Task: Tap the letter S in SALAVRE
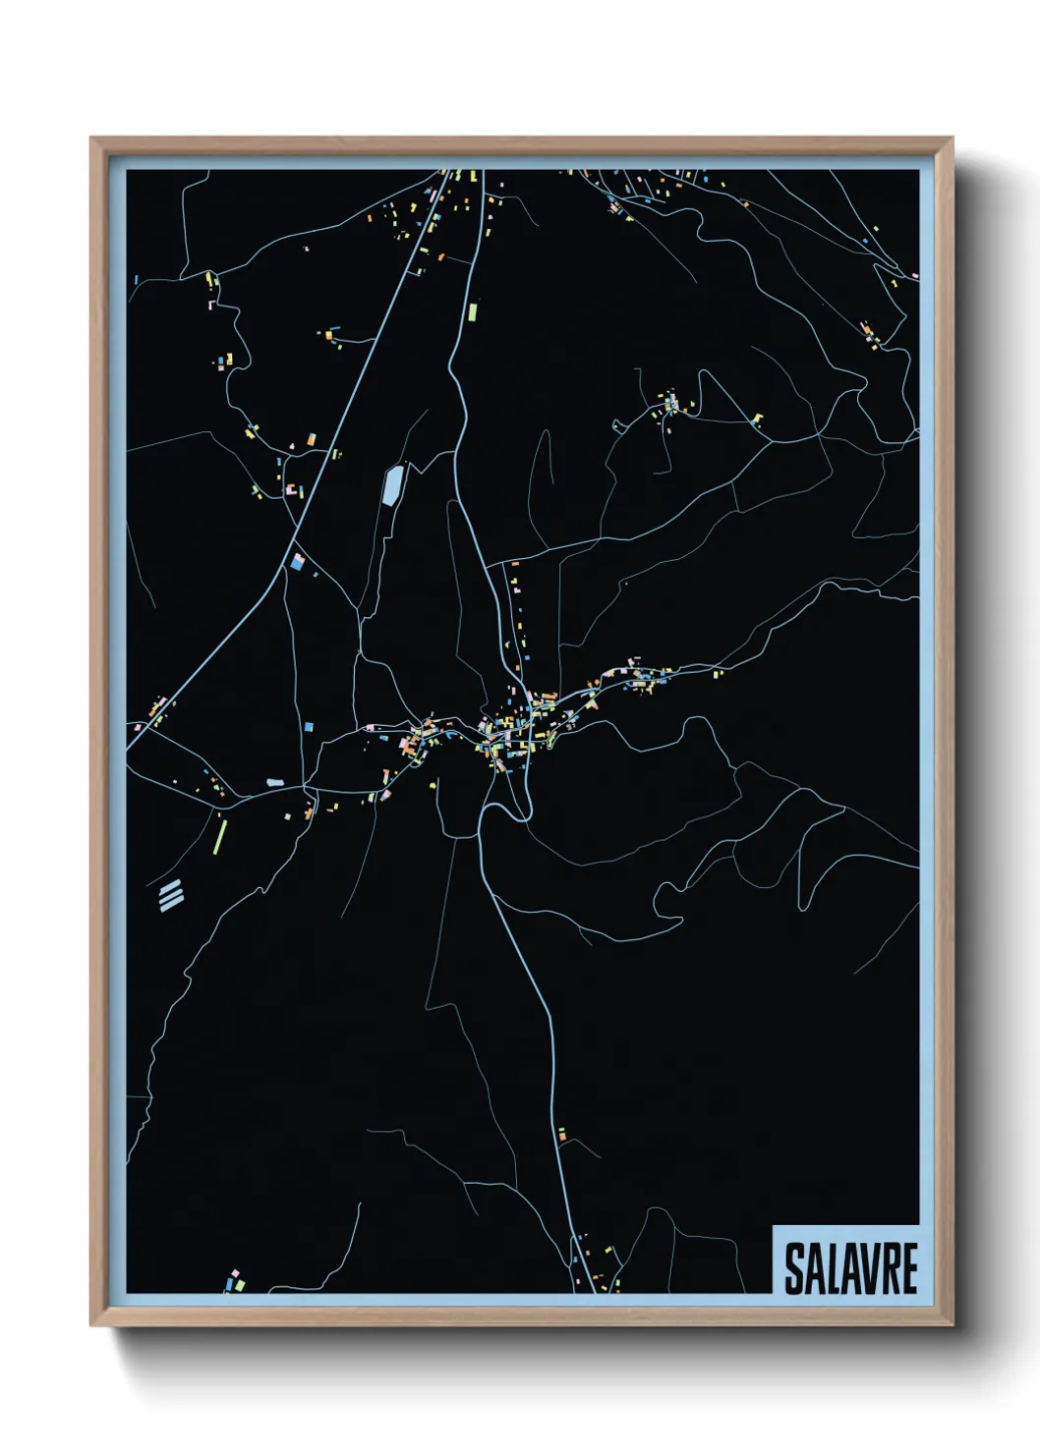pos(794,1268)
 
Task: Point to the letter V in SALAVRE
pos(860,1268)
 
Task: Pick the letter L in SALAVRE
pos(832,1268)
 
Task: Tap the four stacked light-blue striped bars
pos(171,894)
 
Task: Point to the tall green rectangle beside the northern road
pos(472,311)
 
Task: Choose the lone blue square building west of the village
pos(309,726)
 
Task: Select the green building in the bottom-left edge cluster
pos(240,1284)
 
